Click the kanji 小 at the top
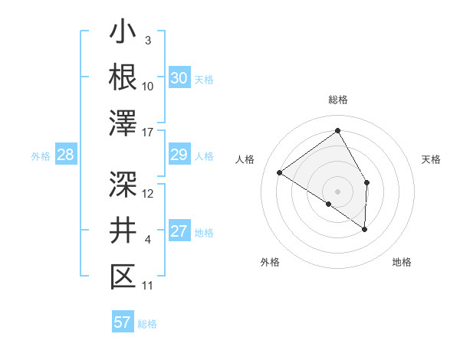(123, 35)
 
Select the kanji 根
(123, 77)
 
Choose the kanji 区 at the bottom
(123, 277)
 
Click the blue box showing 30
(179, 78)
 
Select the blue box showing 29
(179, 155)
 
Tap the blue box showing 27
(179, 232)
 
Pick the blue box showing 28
(66, 155)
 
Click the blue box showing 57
(123, 322)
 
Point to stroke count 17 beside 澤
(148, 133)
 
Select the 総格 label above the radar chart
(337, 100)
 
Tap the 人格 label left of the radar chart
(246, 159)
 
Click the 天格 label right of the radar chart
(431, 159)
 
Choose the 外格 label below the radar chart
(270, 262)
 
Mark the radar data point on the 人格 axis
(280, 173)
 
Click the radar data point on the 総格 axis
(337, 131)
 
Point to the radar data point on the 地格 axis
(365, 229)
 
